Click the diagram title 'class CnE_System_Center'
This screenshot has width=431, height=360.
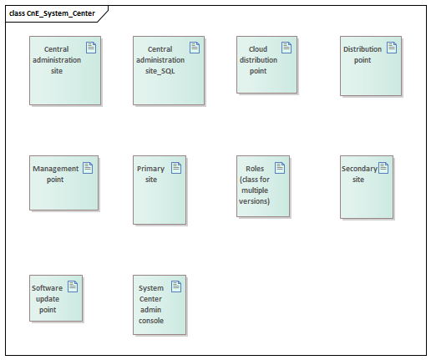point(52,13)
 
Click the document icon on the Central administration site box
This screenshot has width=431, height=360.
point(91,48)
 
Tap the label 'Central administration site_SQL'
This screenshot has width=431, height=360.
point(160,60)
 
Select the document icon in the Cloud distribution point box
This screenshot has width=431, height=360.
point(286,48)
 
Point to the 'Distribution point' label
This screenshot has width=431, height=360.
point(363,54)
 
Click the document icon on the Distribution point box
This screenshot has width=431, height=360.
point(392,48)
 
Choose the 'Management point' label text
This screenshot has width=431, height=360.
point(55,174)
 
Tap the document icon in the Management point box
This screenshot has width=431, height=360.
point(88,168)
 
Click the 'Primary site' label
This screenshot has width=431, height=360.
point(150,174)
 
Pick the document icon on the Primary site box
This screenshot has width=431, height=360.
point(176,168)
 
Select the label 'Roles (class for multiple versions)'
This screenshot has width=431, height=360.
point(255,185)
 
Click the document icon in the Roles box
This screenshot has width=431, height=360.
point(280,168)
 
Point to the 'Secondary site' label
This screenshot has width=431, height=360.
point(359,174)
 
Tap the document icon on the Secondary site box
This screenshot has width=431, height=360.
point(383,168)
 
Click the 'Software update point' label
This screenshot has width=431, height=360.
point(47,299)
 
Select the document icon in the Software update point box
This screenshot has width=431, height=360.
point(73,286)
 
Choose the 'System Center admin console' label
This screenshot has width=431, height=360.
point(151,304)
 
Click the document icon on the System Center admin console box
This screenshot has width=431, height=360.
point(176,286)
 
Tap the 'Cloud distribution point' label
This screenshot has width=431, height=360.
point(258,60)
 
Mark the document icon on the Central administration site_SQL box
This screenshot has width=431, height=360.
point(195,48)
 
